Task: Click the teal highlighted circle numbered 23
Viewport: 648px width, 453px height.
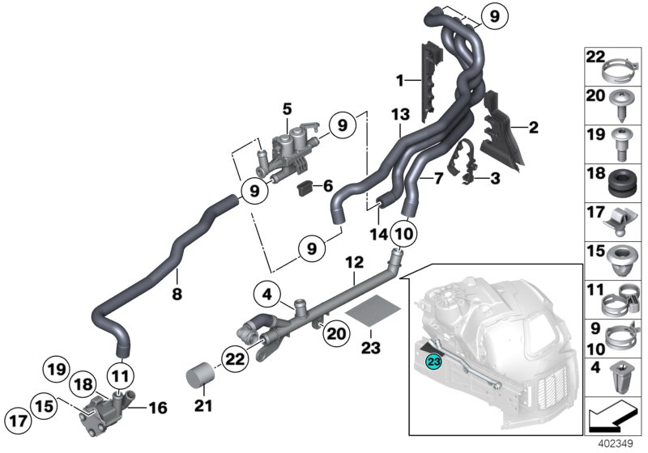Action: pos(434,362)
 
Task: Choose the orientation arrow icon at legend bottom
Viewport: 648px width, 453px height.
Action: pos(614,418)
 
